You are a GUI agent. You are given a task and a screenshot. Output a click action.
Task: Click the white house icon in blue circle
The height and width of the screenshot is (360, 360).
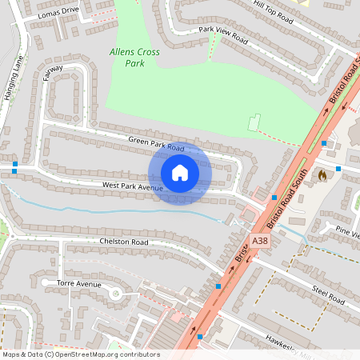tap(179, 173)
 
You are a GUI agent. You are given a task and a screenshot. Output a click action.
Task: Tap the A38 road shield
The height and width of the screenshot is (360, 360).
tap(260, 240)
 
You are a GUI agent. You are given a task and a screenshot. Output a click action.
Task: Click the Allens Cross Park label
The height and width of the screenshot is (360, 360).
tap(134, 57)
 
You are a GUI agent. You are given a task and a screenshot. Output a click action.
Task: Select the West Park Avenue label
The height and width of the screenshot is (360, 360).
tap(132, 186)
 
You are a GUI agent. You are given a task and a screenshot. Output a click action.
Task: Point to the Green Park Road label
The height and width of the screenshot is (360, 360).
tap(156, 144)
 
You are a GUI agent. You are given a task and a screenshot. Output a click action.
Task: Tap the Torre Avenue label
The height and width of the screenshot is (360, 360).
tap(79, 284)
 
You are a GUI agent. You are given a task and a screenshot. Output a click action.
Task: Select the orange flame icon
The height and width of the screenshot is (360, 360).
tap(322, 173)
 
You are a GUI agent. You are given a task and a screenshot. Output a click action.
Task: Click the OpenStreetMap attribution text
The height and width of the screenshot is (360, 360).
tap(80, 354)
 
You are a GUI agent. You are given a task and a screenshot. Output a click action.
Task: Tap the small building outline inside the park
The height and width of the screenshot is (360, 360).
tap(255, 124)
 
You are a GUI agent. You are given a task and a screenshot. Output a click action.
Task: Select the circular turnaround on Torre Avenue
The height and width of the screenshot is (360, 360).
tap(115, 294)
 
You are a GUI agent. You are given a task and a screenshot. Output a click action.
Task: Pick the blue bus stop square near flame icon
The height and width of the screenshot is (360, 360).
tap(338, 169)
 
